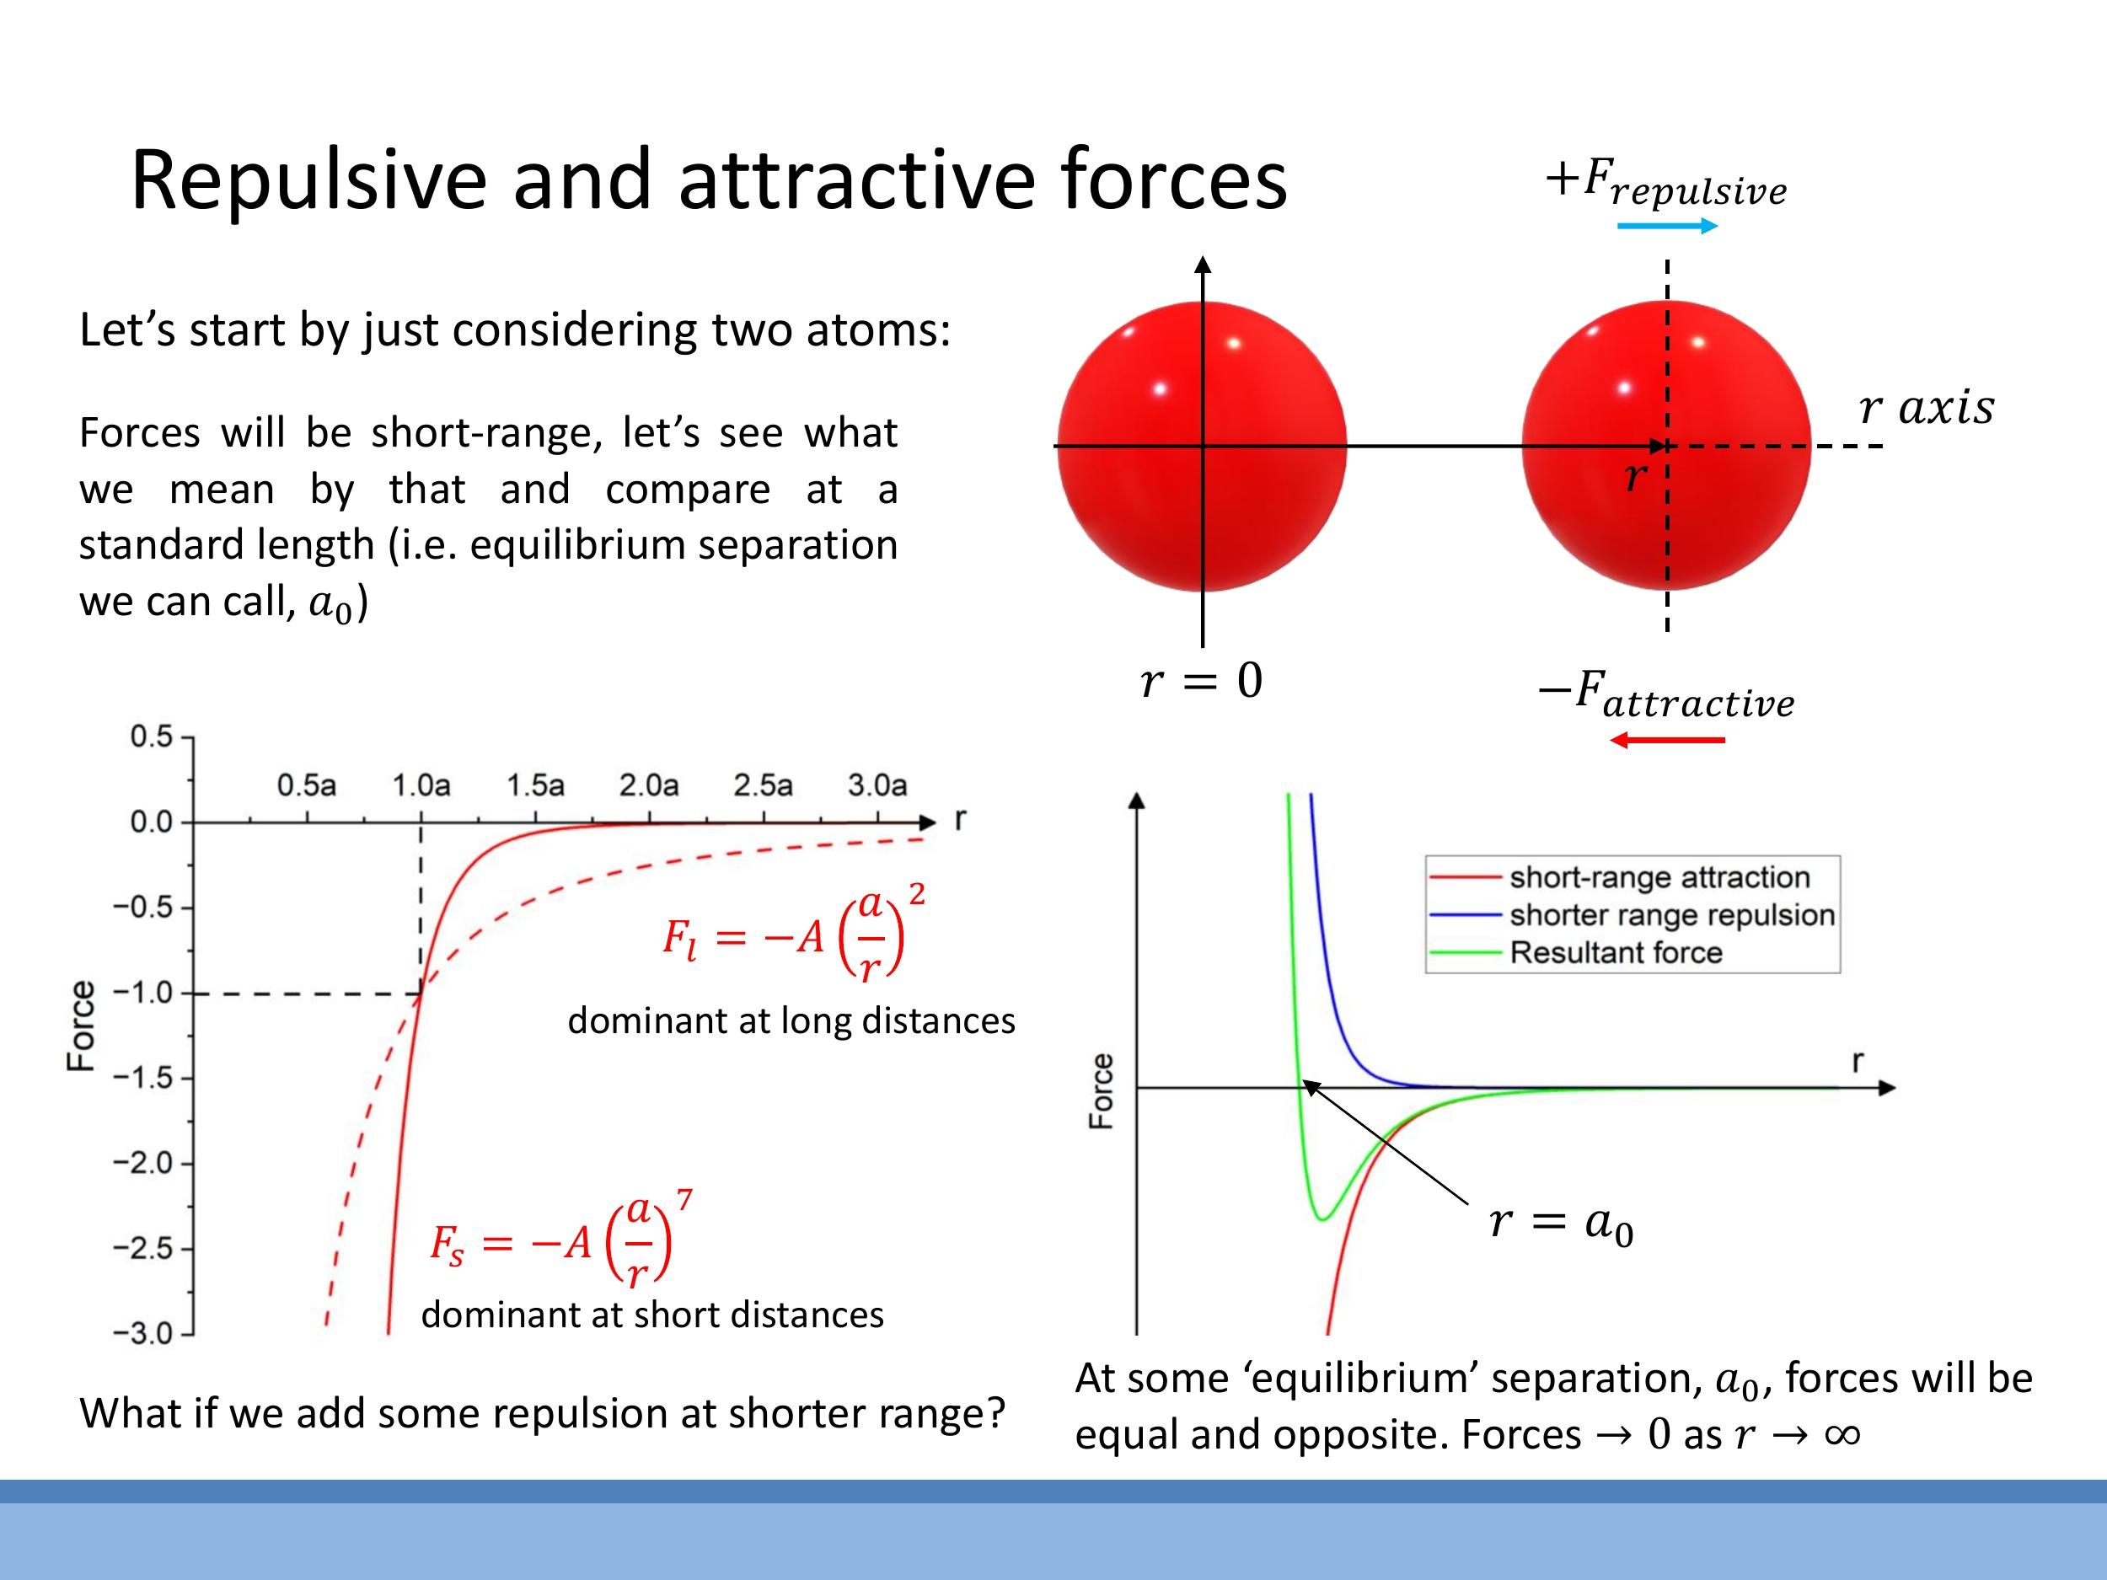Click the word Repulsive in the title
(308, 181)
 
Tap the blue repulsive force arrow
(1667, 226)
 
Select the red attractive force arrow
(1667, 740)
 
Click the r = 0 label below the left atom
(1201, 681)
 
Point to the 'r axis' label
(1926, 408)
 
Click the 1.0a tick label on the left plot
(421, 785)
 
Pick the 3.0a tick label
(877, 785)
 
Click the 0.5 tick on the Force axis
(152, 736)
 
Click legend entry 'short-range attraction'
(1659, 877)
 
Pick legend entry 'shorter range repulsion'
(1670, 915)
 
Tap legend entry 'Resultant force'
(1616, 952)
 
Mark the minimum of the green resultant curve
(1322, 1219)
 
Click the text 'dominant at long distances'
(791, 1021)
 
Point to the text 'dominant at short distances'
(652, 1315)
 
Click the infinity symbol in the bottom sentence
(1842, 1434)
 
